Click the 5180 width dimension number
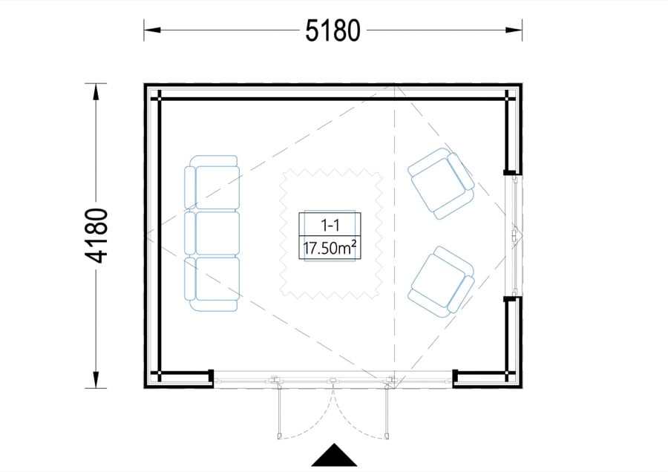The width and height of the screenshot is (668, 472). point(333,30)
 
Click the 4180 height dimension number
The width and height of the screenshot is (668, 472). point(96,235)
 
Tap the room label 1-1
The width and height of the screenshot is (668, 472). point(330,225)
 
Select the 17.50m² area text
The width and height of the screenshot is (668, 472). point(330,247)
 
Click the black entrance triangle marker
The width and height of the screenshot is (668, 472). point(335,455)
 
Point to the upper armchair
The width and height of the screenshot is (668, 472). point(442,183)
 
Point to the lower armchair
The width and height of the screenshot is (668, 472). point(442,282)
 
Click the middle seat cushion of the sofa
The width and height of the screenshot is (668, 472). point(217,234)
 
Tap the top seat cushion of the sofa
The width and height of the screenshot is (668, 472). point(217,188)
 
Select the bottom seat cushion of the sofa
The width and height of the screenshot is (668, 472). point(217,278)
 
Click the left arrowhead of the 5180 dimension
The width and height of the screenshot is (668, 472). point(152,30)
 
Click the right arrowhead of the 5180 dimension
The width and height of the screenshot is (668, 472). point(514,30)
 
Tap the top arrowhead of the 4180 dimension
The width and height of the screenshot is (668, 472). point(96,92)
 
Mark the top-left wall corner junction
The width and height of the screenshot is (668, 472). point(160,99)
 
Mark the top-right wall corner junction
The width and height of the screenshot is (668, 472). point(508,99)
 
